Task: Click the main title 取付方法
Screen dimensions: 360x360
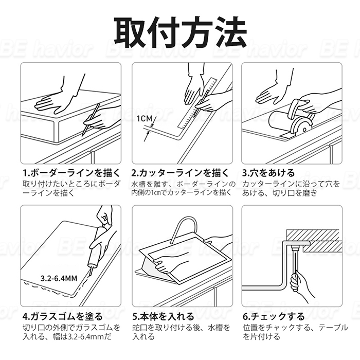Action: [x=180, y=32]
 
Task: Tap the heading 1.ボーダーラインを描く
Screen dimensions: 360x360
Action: [x=71, y=173]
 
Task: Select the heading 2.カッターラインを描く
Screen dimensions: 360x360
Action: [x=181, y=173]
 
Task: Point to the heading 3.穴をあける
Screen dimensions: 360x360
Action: [x=268, y=173]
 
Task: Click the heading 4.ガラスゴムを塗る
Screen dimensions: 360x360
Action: [x=62, y=317]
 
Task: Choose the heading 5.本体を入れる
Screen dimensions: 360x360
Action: [x=163, y=317]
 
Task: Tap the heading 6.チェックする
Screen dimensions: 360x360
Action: [x=274, y=317]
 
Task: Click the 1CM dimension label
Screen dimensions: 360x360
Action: [x=145, y=119]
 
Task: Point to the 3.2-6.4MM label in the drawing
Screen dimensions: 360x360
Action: [x=59, y=279]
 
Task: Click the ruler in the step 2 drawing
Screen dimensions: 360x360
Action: [x=197, y=103]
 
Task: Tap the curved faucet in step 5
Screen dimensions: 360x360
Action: [x=184, y=229]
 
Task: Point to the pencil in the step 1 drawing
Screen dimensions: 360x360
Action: [x=91, y=119]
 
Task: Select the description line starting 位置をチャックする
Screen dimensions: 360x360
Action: [x=295, y=328]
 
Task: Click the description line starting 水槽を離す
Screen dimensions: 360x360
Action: [x=184, y=184]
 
